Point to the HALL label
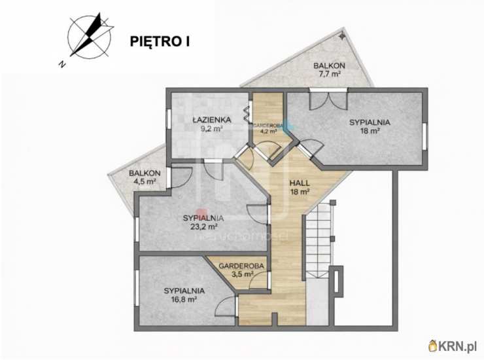[300, 183]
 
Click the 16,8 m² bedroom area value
[184, 299]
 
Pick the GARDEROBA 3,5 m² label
[242, 270]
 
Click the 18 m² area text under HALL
[300, 192]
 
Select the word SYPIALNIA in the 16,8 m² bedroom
[184, 290]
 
